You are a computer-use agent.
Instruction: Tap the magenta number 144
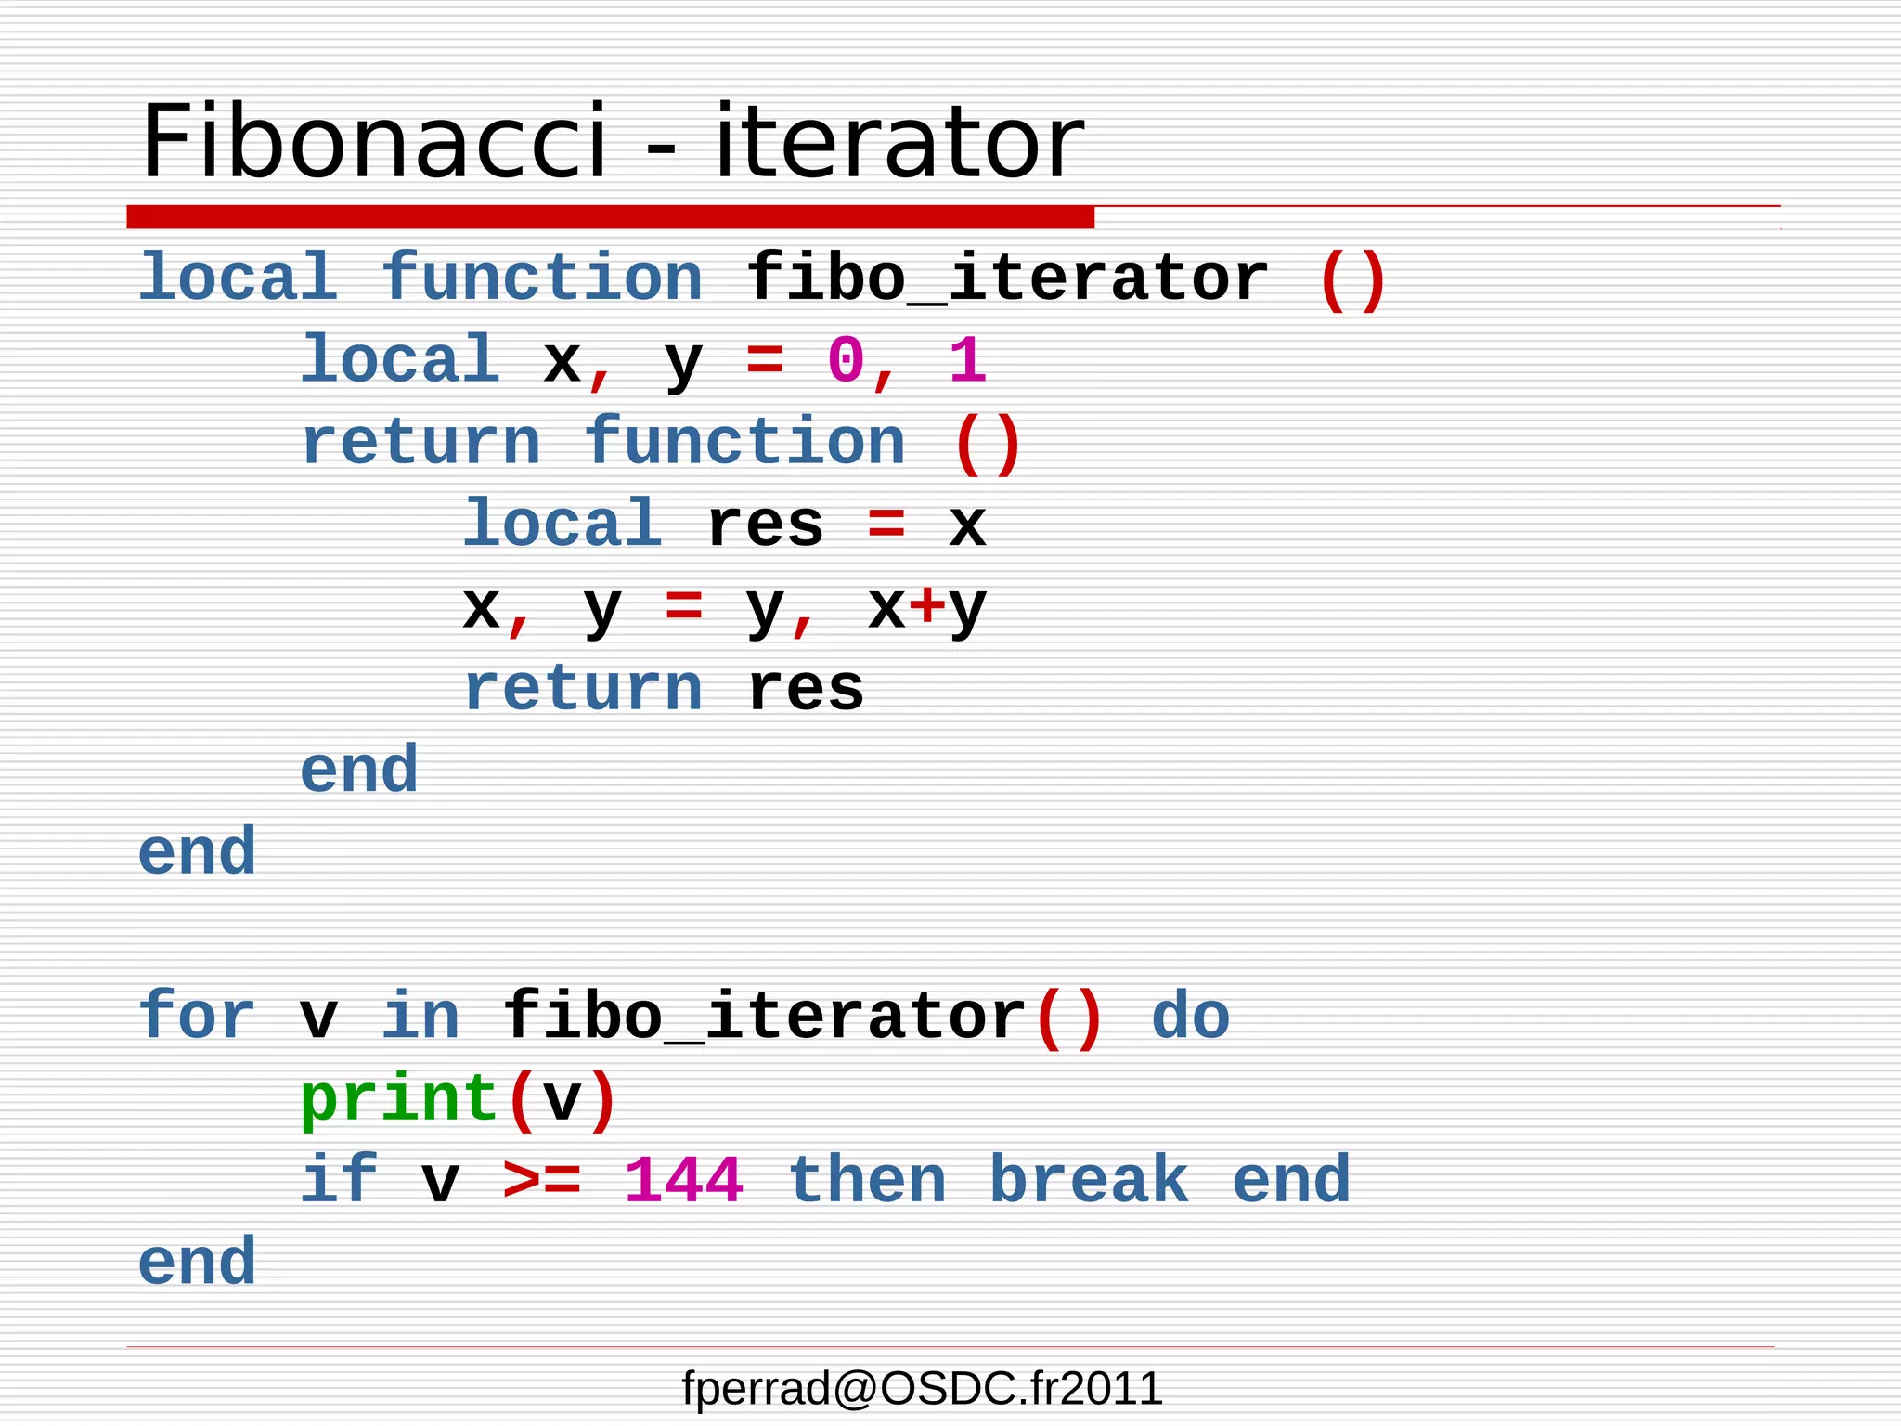click(x=683, y=1181)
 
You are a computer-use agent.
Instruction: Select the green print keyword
click(x=399, y=1100)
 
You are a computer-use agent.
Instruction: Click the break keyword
click(x=1089, y=1181)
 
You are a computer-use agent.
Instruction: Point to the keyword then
click(x=867, y=1181)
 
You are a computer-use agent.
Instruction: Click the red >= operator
click(x=542, y=1181)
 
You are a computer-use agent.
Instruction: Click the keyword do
click(x=1191, y=1016)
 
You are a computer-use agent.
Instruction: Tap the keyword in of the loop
click(x=420, y=1016)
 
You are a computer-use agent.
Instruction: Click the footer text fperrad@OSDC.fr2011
click(x=922, y=1389)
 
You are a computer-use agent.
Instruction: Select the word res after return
click(x=806, y=689)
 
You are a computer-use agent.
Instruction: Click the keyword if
click(x=339, y=1181)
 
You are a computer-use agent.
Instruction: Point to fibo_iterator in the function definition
click(x=1007, y=279)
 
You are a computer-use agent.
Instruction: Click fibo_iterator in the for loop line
click(x=765, y=1016)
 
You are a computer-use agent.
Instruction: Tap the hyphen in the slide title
click(x=661, y=149)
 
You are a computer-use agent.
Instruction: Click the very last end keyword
click(x=197, y=1263)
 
